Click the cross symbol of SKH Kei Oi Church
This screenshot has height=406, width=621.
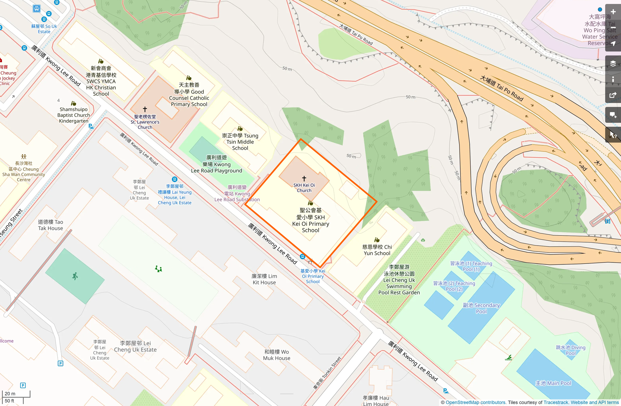coord(304,179)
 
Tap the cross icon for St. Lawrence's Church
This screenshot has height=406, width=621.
coord(145,109)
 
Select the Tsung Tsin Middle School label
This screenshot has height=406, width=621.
coord(240,142)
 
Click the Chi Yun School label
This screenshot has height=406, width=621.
coord(377,250)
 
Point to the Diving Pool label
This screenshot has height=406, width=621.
coord(571,350)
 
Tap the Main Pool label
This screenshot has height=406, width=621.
coord(553,383)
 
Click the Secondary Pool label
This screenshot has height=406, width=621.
coord(481,308)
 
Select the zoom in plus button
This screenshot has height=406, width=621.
coord(613,12)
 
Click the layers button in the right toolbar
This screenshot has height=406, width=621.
coord(613,64)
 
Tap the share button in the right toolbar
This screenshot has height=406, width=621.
coord(613,95)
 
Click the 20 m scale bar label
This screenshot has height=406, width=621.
coord(10,393)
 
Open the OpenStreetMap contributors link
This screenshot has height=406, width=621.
coord(475,402)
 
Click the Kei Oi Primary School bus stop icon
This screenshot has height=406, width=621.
coord(302,256)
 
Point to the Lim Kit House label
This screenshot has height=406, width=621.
coord(264,279)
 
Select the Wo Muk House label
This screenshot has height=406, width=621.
coord(277,355)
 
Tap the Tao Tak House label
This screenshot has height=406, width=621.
coord(50,225)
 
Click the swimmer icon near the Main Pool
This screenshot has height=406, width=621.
coord(509,358)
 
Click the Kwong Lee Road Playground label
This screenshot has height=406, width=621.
coord(217,164)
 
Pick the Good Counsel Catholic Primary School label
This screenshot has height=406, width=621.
coord(189,95)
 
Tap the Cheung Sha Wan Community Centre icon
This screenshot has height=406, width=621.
coord(24,156)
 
